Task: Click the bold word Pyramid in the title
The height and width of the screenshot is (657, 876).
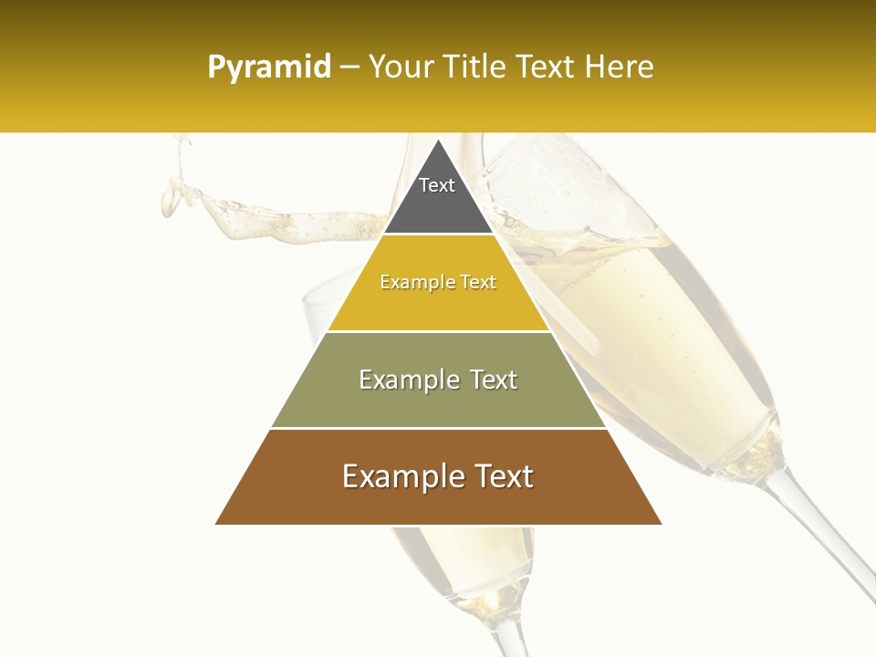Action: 269,68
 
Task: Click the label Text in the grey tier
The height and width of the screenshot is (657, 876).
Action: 437,185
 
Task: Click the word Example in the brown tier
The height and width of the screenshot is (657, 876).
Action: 401,476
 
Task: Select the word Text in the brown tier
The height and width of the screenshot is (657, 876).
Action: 501,476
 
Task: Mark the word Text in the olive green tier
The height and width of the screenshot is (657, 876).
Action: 493,380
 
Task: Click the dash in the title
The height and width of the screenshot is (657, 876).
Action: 349,68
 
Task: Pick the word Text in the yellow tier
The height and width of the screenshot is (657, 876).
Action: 478,283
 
